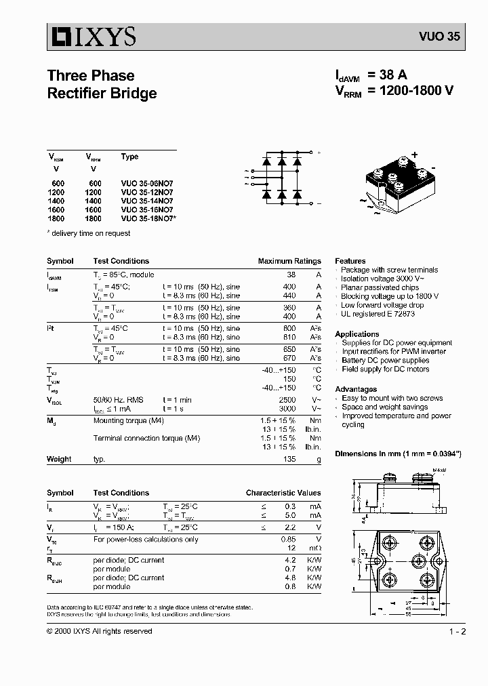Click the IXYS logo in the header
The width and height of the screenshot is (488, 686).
[x=92, y=36]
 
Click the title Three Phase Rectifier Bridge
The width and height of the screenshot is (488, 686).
[x=102, y=84]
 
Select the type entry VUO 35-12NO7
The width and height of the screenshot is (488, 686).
[x=147, y=192]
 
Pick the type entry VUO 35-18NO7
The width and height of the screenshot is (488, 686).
[x=148, y=218]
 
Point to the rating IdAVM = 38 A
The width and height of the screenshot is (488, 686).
[x=371, y=75]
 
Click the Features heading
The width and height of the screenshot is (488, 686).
[x=350, y=261]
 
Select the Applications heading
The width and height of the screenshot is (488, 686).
[x=357, y=334]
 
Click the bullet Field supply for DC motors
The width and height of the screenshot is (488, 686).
[x=386, y=369]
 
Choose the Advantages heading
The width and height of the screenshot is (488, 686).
[x=356, y=389]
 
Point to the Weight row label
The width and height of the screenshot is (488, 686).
[x=59, y=459]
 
